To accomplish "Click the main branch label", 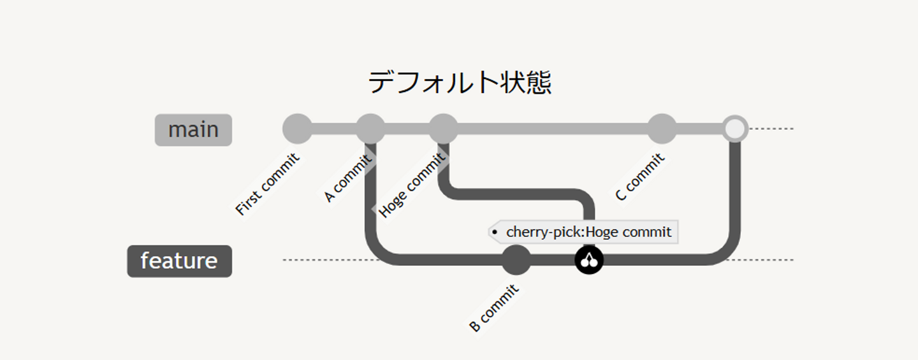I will (193, 130).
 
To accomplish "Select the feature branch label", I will (179, 261).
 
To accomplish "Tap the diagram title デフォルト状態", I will (459, 83).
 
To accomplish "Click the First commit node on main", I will (297, 129).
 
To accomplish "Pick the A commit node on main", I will (370, 129).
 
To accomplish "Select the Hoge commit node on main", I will (443, 129).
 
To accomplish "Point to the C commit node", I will (662, 129).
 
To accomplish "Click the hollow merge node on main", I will (735, 129).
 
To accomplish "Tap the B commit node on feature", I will (516, 260).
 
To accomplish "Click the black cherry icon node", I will (589, 260).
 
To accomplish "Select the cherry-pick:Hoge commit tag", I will (583, 232).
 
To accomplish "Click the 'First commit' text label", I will (268, 185).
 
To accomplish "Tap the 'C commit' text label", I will (639, 178).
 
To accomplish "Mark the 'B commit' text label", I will (494, 308).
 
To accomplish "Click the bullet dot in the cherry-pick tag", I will (495, 233).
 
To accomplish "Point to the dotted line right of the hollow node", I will (771, 129).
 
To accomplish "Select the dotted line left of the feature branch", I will (325, 260).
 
